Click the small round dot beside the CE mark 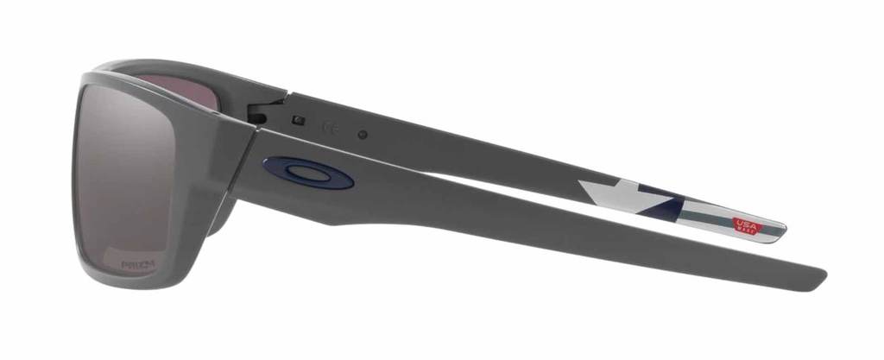click(363, 135)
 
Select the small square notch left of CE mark click(298, 118)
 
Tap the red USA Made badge click(744, 225)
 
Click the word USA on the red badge click(744, 222)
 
